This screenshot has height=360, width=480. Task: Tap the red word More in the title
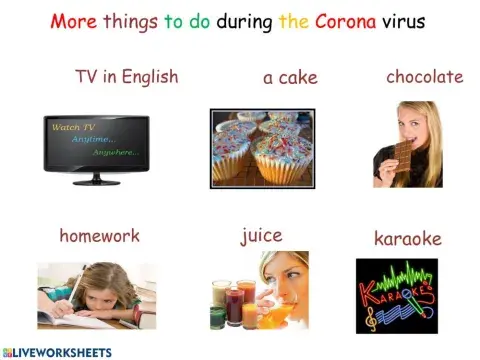(x=77, y=20)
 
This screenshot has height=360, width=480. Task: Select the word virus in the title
(x=397, y=20)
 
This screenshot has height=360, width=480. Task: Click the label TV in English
(x=125, y=78)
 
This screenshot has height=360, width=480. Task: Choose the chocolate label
(x=424, y=77)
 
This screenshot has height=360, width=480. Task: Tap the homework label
(x=99, y=237)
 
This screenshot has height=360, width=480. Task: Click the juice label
(x=261, y=237)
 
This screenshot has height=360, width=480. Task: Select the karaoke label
(x=407, y=239)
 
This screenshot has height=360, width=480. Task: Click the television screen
(x=96, y=145)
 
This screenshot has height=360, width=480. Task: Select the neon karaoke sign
(x=396, y=295)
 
